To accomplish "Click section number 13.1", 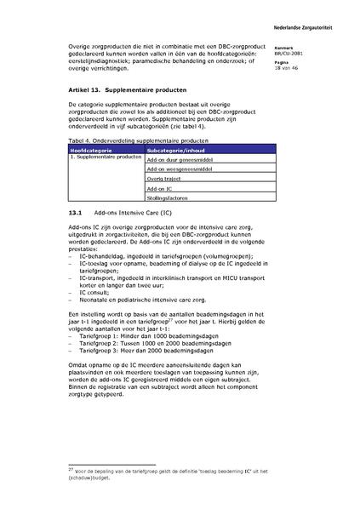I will click(x=73, y=213).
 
